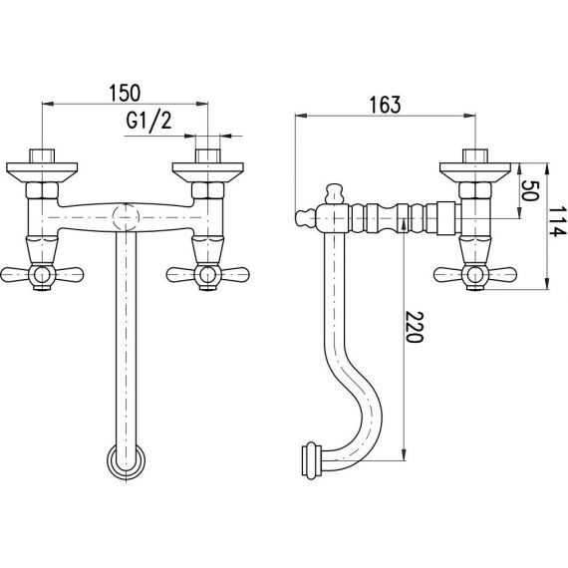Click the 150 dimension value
click(125, 93)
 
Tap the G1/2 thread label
click(148, 121)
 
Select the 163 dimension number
click(385, 105)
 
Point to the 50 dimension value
click(530, 191)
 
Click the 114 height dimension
click(557, 221)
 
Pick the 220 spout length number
click(414, 327)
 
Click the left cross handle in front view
click(42, 274)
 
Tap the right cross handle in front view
click(207, 274)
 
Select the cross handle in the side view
click(475, 274)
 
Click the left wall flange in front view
click(42, 172)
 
